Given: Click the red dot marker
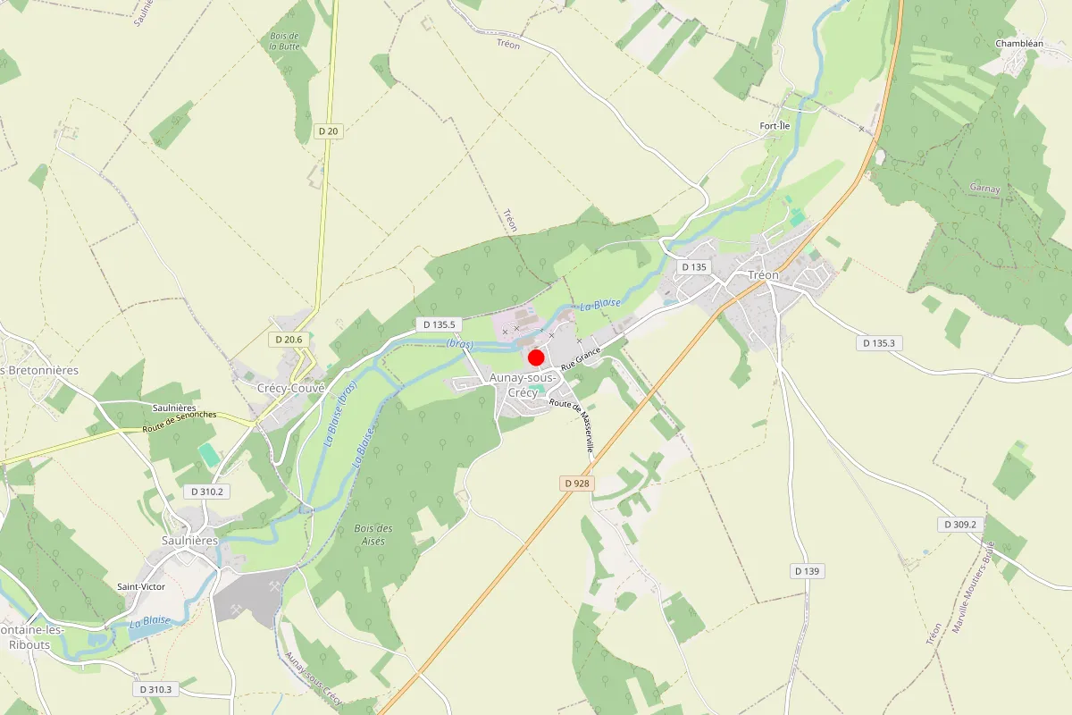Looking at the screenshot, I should click(536, 357).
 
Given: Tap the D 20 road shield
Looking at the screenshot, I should click(329, 131).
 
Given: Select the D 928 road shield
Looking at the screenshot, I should click(578, 483).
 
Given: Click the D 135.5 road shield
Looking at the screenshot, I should click(439, 324).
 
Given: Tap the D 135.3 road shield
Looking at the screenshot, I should click(880, 343).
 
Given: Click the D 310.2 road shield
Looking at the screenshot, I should click(206, 492).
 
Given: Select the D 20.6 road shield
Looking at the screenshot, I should click(289, 340).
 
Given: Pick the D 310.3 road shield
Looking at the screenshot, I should click(155, 689).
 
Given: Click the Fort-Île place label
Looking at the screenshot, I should click(775, 126).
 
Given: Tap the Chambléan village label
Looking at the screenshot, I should click(1019, 43).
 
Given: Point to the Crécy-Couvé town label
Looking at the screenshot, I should click(290, 388).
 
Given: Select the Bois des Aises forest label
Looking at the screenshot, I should click(373, 534).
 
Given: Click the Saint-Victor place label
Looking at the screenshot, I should click(141, 586).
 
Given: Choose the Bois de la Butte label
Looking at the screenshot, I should click(284, 41).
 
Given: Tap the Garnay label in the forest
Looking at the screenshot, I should click(984, 189).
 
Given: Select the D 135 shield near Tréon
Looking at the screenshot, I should click(693, 266).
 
